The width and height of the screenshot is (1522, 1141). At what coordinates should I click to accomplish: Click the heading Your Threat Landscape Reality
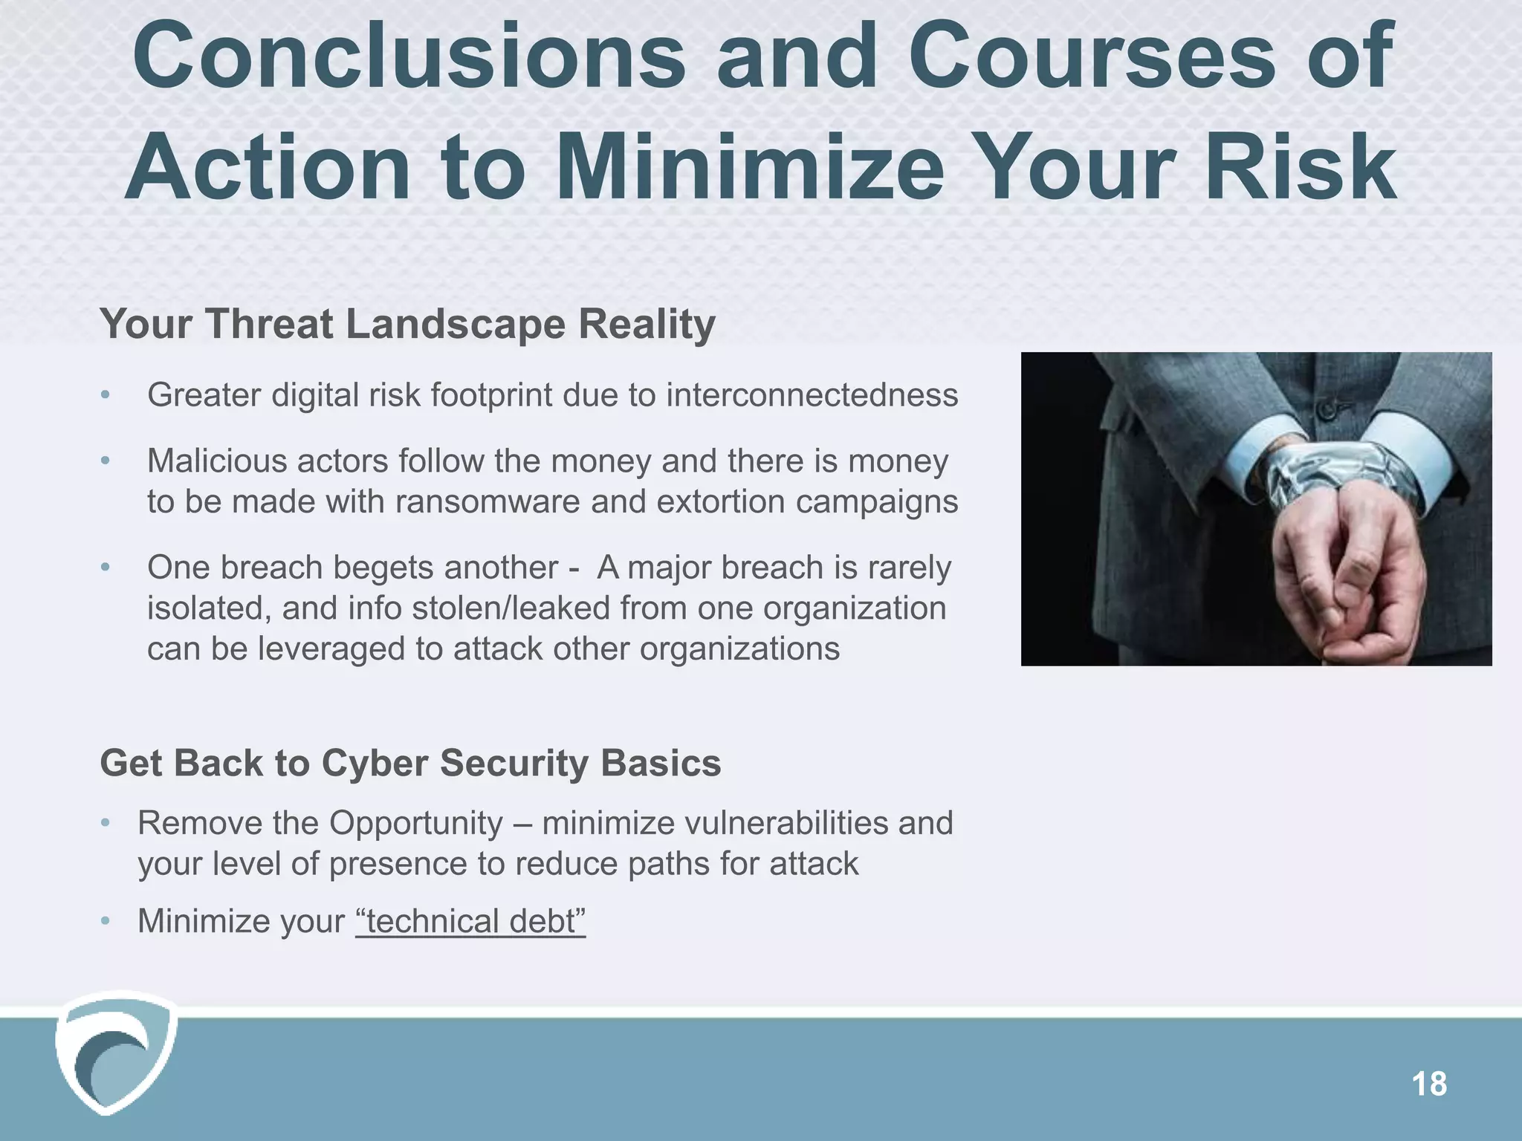[407, 325]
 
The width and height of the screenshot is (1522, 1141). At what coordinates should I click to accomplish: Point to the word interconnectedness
[812, 395]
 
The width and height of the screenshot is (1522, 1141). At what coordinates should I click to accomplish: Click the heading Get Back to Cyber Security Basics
[410, 764]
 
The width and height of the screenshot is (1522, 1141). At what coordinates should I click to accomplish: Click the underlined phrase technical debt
[470, 922]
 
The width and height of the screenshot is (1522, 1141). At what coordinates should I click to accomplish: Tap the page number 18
[1428, 1085]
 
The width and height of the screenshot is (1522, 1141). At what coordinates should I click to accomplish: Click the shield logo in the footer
[115, 1051]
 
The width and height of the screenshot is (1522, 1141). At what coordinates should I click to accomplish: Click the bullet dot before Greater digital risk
[106, 396]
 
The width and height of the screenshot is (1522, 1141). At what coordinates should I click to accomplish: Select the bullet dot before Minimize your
[106, 923]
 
